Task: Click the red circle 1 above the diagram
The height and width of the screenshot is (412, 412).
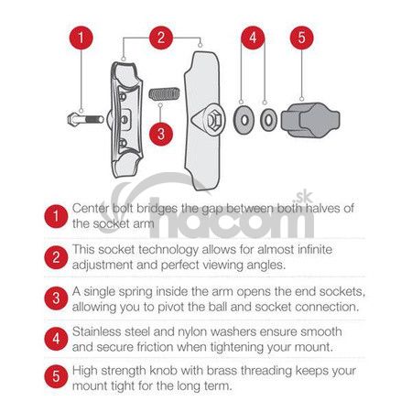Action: point(81,38)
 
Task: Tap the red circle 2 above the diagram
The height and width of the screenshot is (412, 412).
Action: point(161,38)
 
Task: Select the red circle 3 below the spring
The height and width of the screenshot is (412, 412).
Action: point(161,134)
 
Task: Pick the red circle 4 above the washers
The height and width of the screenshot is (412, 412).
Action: point(253,38)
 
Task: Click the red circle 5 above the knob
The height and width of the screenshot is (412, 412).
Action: point(301,38)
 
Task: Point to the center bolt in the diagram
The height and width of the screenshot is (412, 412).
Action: point(86,119)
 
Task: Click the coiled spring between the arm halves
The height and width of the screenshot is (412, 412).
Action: point(164,93)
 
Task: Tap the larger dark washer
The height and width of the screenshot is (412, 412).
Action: point(244,120)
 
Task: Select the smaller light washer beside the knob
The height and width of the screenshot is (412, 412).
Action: point(268,120)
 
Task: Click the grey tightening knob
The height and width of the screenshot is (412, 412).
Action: point(310,120)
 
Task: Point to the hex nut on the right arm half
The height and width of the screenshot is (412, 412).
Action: point(213,119)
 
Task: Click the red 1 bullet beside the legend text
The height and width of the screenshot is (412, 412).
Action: point(56,216)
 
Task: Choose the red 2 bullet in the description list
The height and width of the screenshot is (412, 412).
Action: point(56,257)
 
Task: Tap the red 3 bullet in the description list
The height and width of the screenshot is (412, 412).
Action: point(56,298)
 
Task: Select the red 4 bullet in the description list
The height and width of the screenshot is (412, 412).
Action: point(56,339)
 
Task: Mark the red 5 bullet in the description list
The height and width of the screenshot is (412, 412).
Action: point(56,376)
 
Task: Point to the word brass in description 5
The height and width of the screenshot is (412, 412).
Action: point(222,371)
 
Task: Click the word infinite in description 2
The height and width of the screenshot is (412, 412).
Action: point(315,250)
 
